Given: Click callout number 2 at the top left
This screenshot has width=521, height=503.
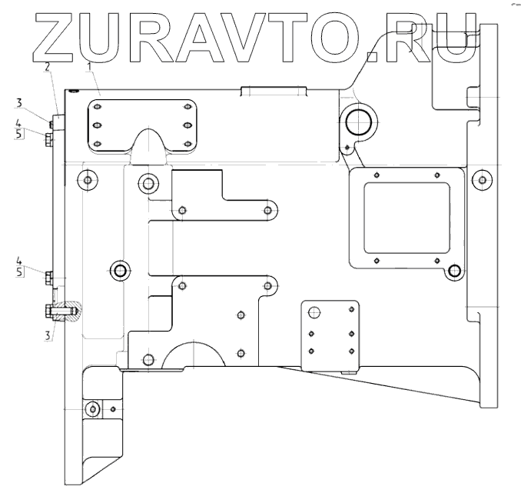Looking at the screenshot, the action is [48, 68].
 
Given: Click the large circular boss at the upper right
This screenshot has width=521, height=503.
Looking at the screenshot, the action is [358, 121].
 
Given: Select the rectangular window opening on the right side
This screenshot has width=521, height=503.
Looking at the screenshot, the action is [406, 217].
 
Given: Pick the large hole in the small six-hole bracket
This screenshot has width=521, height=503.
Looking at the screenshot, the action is [314, 312].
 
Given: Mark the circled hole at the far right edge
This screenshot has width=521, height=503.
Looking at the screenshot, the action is [481, 180].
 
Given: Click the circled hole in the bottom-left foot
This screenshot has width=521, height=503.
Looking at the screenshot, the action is [93, 408].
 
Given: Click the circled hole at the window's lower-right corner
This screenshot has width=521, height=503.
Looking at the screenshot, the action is [455, 271].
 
